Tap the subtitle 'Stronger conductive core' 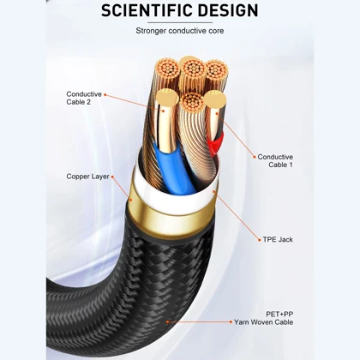(x=180, y=31)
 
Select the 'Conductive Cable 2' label (x=84, y=98)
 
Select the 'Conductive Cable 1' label (x=275, y=161)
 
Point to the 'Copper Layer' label (x=87, y=177)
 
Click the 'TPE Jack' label (x=278, y=239)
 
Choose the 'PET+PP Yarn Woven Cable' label (x=263, y=318)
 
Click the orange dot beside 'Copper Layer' (x=112, y=177)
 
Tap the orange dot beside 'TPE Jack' (x=260, y=240)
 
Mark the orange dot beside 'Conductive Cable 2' (x=105, y=94)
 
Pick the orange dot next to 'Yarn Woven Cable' (x=231, y=322)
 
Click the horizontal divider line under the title (x=180, y=22)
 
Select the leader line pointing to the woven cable (x=199, y=322)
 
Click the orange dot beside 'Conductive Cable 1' (x=255, y=157)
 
